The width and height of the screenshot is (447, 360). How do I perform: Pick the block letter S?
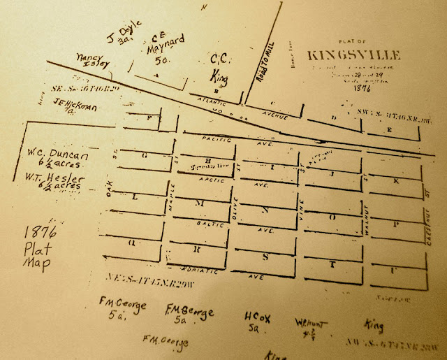[x=265, y=257]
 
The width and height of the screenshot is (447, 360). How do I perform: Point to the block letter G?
[x=143, y=156]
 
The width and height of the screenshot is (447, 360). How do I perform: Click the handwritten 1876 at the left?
[x=35, y=233]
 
